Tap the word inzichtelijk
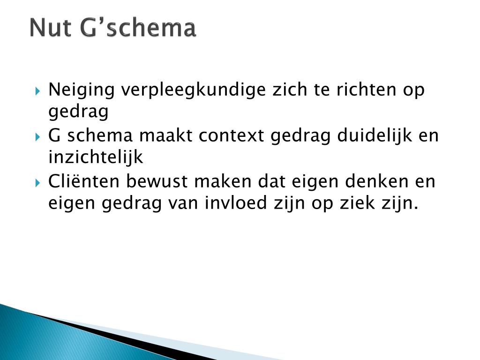pos(95,158)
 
